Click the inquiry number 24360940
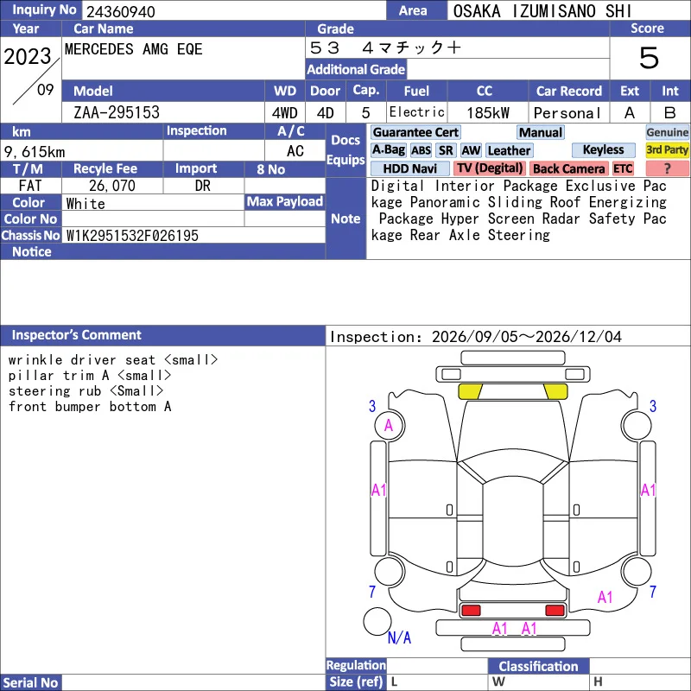point(121,11)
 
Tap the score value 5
point(649,58)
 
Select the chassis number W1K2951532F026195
point(132,235)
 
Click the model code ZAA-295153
point(117,112)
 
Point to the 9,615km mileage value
point(35,152)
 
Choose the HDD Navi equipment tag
point(409,168)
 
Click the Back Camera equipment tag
point(568,168)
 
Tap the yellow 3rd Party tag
point(667,149)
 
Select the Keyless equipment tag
point(603,149)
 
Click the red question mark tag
point(667,168)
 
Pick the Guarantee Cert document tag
point(415,132)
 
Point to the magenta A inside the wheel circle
point(388,425)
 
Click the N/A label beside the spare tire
point(399,637)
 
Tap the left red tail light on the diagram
point(471,610)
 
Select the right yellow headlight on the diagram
point(555,391)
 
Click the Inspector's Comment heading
point(77,335)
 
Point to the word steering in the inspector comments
point(39,391)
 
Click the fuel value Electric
point(417,112)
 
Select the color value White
point(86,204)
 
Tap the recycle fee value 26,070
point(112,186)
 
